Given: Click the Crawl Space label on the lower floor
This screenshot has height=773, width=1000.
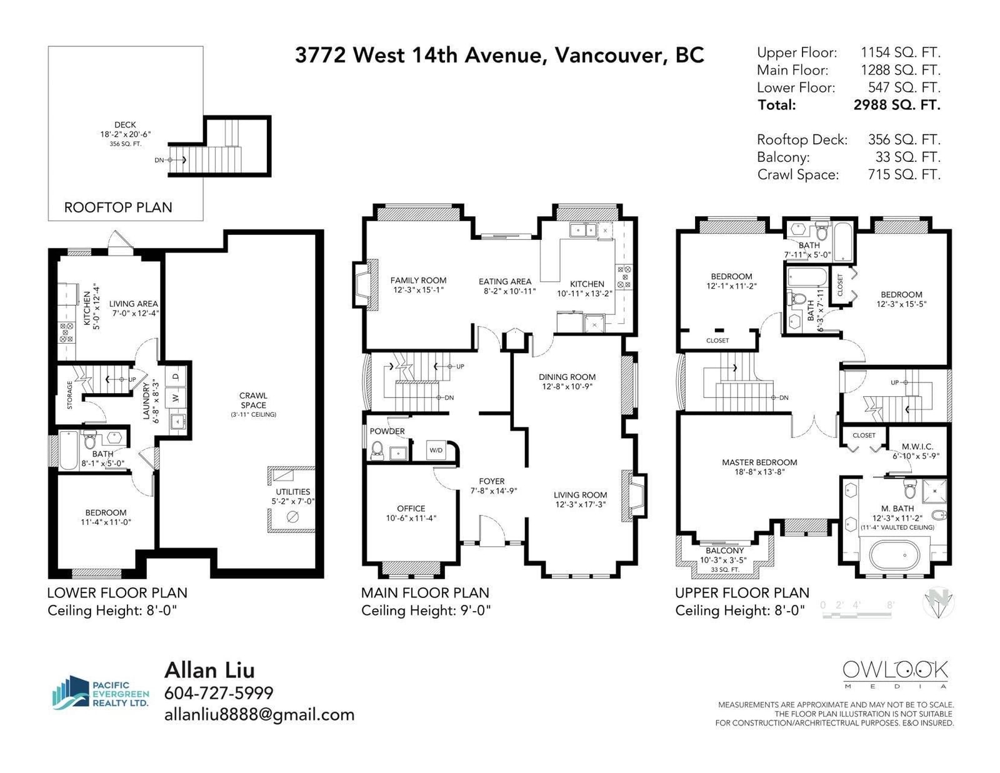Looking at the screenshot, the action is click(253, 400).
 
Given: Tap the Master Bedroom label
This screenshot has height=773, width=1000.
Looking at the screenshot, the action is click(759, 462).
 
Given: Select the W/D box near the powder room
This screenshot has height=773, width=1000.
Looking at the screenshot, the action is click(436, 450).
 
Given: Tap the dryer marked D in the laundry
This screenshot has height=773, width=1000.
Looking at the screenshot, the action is click(176, 377).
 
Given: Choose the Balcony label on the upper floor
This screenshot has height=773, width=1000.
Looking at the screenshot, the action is click(725, 551).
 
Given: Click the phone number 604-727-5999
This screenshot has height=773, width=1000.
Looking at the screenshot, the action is click(219, 692).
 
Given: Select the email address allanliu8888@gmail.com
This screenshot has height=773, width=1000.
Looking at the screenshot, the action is click(259, 714).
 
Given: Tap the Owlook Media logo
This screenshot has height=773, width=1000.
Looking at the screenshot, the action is click(895, 674).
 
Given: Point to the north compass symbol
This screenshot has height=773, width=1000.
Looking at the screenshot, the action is click(938, 603).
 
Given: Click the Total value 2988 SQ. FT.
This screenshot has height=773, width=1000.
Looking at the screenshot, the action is click(897, 105).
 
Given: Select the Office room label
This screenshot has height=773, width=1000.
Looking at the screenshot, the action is click(411, 509).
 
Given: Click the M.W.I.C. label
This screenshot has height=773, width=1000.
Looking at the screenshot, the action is click(917, 446).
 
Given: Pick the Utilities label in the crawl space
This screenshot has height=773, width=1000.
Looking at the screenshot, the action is click(292, 491).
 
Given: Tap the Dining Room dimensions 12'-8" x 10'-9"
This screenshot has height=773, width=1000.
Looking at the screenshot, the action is click(567, 386).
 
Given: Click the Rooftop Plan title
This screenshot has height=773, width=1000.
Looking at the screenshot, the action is click(118, 207).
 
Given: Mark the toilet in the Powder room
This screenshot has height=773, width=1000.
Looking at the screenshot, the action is click(377, 449).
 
